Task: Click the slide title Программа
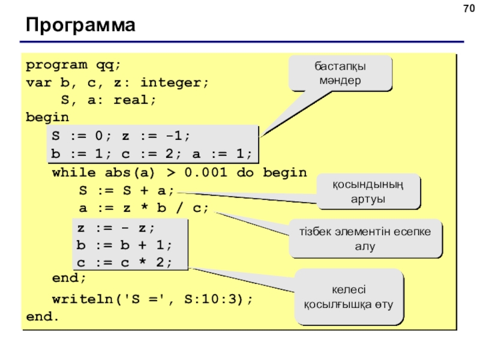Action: (x=80, y=25)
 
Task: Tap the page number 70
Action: (x=469, y=8)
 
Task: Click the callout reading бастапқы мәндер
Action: (x=340, y=73)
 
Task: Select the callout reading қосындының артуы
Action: (x=368, y=191)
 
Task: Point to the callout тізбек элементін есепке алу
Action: (x=365, y=239)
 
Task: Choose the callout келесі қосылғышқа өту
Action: (x=349, y=296)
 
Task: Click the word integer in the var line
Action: (x=170, y=83)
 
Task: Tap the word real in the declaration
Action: (x=131, y=100)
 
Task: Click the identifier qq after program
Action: (x=105, y=65)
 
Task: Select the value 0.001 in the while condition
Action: (x=206, y=172)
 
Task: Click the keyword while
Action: (x=74, y=172)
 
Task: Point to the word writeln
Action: (x=83, y=299)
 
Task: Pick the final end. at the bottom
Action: (x=42, y=317)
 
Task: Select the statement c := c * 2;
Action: (x=125, y=263)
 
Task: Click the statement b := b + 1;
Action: (x=125, y=245)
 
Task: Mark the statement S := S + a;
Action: (x=127, y=190)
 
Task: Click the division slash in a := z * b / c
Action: (x=179, y=208)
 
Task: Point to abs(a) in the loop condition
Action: (x=130, y=173)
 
